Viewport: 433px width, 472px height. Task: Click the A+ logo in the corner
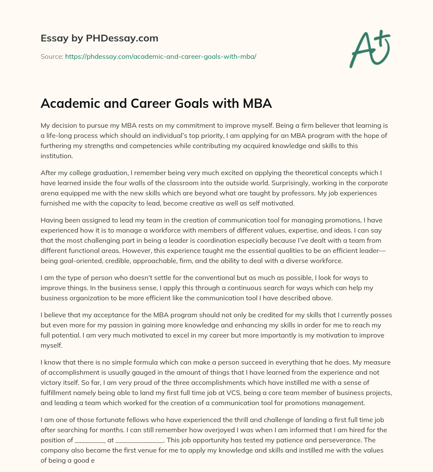pos(370,49)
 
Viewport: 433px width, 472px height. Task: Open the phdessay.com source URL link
pos(161,56)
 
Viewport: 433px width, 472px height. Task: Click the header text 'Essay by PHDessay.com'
pos(99,38)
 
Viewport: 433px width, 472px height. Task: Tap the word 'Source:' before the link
pos(52,56)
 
